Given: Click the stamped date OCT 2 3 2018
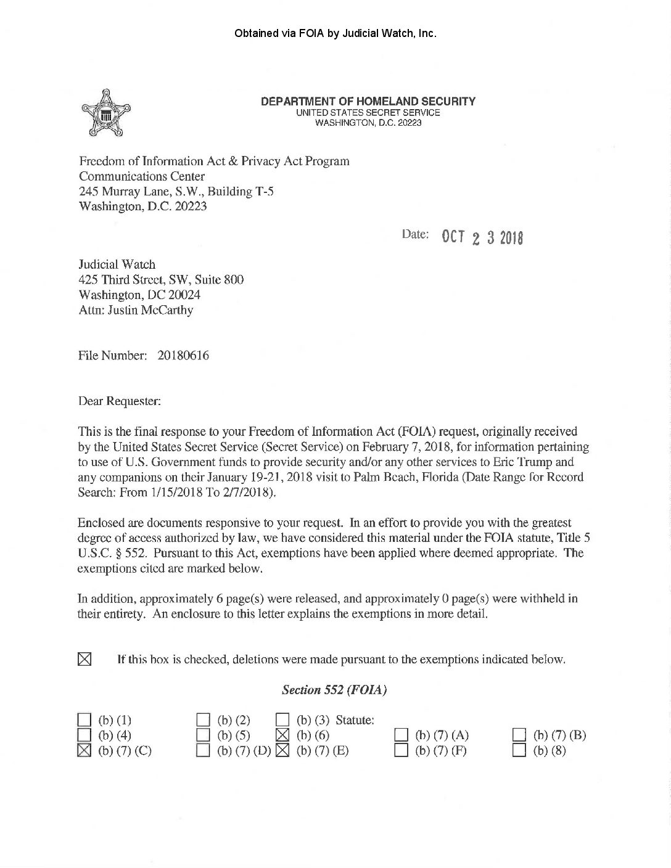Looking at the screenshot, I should coord(482,237).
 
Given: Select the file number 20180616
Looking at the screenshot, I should coord(183,356).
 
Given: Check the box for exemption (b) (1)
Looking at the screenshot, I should coord(84,719).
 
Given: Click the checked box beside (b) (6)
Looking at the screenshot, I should coord(282,735).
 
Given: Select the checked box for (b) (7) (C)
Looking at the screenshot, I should coord(84,750).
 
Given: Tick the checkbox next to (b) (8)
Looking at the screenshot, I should coord(520,750).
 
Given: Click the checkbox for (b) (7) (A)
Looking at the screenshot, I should coord(401,735).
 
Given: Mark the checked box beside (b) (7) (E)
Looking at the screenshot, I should coord(282,750).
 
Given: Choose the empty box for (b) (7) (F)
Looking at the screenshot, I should coord(401,750).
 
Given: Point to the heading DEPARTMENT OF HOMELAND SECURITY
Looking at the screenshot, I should coord(368,102).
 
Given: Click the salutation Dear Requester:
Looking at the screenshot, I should coord(120,401).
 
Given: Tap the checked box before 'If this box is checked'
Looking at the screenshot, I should coord(84,659).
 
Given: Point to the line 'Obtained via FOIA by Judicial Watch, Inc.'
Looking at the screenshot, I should coord(335,33).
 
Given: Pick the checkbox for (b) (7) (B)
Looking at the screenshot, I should coord(520,735).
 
